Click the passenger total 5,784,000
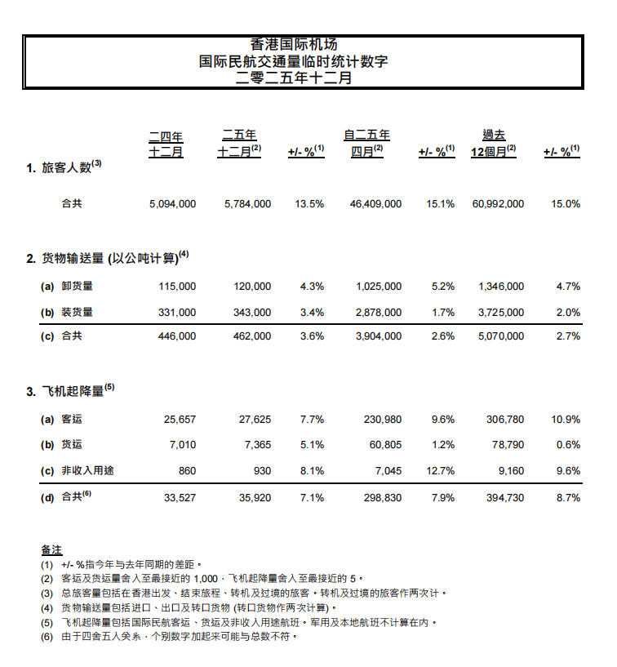tap(247, 204)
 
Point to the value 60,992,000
tap(498, 204)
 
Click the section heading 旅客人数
tap(72, 167)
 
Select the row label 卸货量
tap(78, 287)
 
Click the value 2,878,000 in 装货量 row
tap(378, 312)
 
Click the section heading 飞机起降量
tap(73, 391)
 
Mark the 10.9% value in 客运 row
tap(566, 420)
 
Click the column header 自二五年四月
tap(367, 144)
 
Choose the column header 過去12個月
tap(494, 144)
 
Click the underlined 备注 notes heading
tap(51, 550)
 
